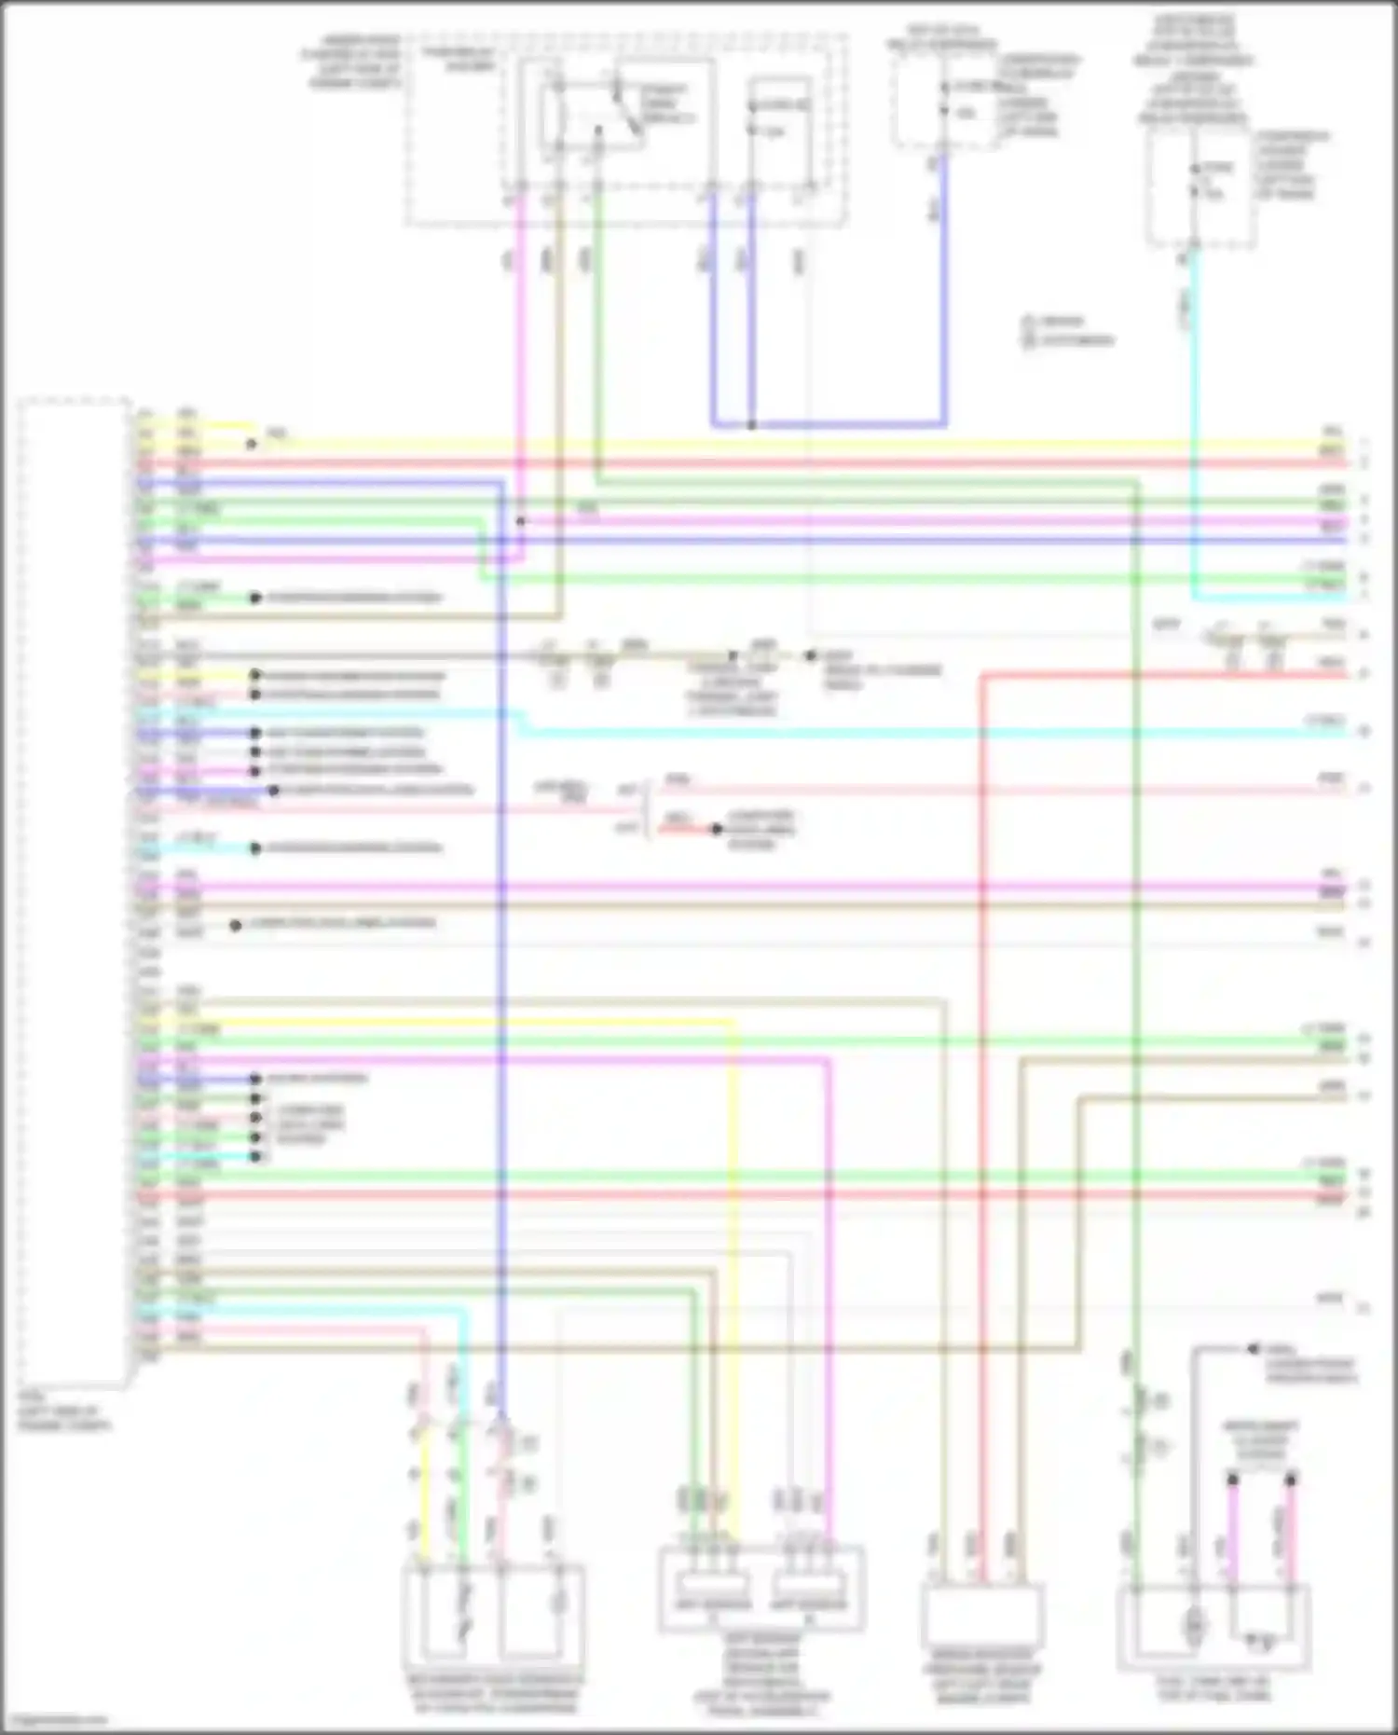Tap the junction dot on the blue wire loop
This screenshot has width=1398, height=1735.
(751, 425)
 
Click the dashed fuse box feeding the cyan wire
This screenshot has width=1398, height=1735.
(1199, 186)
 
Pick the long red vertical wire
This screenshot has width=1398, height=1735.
(981, 1119)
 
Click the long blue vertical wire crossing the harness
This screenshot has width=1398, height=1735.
(501, 932)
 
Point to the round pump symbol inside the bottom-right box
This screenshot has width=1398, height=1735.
(1191, 1627)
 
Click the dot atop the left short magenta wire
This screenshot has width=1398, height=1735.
(1232, 1480)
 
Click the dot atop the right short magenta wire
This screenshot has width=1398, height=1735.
(1291, 1480)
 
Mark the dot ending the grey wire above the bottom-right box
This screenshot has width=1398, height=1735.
(1254, 1349)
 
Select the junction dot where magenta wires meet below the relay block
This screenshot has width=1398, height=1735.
(521, 520)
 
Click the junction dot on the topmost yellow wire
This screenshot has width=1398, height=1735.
(251, 445)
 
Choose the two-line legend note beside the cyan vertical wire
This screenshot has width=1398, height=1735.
(1067, 331)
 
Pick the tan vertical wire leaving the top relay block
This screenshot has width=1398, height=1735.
(559, 373)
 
